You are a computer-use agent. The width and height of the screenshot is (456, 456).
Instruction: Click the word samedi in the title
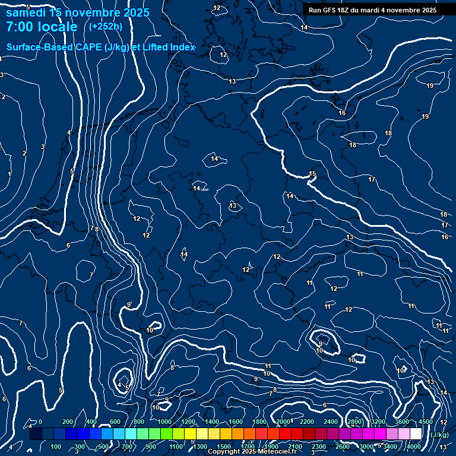(x=26, y=12)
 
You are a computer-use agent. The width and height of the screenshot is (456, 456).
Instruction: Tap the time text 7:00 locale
(x=42, y=27)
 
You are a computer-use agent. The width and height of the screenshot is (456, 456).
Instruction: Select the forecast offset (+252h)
(x=106, y=26)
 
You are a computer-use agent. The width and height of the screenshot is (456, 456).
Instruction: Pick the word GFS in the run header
(x=328, y=10)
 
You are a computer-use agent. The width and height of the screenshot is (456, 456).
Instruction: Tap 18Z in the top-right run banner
(x=343, y=10)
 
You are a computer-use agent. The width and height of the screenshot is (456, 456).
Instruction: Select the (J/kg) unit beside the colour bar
(x=439, y=435)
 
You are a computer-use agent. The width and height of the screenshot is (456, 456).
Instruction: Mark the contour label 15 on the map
(x=312, y=173)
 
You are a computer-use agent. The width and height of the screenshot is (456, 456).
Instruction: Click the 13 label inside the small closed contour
(x=233, y=205)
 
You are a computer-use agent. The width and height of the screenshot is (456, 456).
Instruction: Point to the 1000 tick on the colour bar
(x=164, y=422)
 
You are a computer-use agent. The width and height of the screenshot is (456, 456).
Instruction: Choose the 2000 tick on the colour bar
(x=283, y=422)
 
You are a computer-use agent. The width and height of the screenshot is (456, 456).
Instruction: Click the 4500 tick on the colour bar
(x=426, y=422)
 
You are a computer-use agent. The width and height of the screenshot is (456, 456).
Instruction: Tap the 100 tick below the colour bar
(x=56, y=446)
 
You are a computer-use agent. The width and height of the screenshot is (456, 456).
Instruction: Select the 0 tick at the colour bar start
(x=40, y=422)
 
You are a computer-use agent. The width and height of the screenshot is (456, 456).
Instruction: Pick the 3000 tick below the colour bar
(x=366, y=446)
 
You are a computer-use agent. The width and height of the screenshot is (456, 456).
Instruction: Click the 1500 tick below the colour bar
(x=224, y=446)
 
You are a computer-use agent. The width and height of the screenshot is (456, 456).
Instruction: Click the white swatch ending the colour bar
(x=416, y=434)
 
